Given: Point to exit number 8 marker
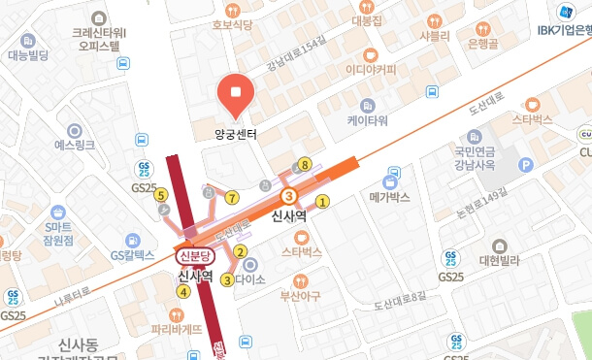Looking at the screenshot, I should pos(306,165).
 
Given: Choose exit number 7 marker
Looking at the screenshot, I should pos(231,198).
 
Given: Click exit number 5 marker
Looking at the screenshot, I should pos(160,194).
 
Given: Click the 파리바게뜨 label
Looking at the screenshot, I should pos(176,328).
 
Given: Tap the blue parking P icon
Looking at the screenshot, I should pos(527,166).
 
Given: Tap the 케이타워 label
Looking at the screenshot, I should pos(368,121).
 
